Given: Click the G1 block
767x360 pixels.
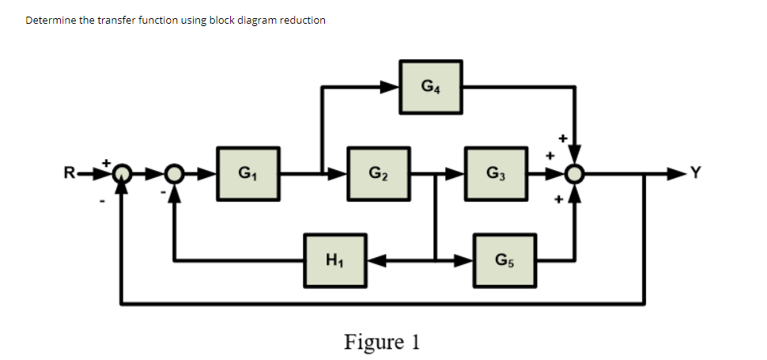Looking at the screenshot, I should pyautogui.click(x=247, y=172).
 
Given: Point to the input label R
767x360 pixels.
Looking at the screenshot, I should pyautogui.click(x=70, y=172).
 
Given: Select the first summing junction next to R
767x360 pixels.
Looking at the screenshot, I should pyautogui.click(x=122, y=172).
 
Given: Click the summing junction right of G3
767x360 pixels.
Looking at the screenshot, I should pyautogui.click(x=577, y=172).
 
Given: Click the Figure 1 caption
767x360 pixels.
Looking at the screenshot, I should pyautogui.click(x=382, y=342).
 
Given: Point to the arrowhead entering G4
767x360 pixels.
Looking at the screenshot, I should pyautogui.click(x=392, y=86).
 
